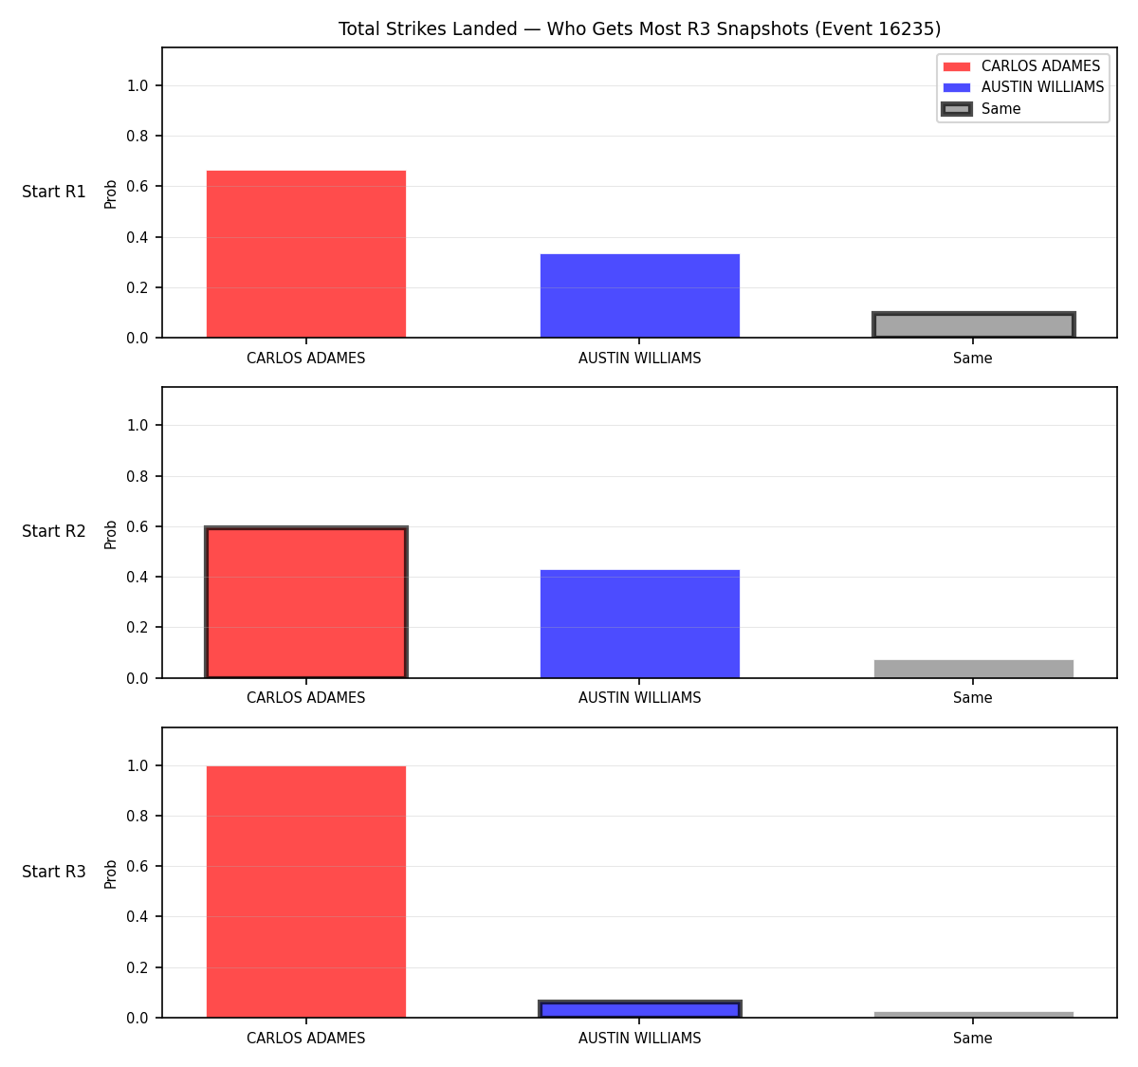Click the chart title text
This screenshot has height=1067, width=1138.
pos(639,28)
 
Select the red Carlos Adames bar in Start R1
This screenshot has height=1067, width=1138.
pos(306,254)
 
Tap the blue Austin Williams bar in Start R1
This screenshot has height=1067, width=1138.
pos(639,296)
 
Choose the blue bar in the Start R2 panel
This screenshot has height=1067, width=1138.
pos(639,624)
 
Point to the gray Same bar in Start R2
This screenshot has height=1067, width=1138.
pos(973,669)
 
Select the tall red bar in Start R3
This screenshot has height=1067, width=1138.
pos(306,892)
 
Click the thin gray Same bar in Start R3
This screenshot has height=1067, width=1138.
pos(973,1015)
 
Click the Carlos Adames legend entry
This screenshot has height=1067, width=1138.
pos(1021,66)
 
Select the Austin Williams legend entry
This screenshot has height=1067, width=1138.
pos(1023,87)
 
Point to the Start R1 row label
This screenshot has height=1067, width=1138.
pos(54,192)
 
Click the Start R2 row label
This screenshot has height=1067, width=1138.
pos(54,531)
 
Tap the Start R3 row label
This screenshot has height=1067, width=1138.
pos(54,872)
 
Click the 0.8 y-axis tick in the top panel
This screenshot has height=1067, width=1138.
pos(137,137)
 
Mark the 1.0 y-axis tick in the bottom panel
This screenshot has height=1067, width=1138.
pos(137,766)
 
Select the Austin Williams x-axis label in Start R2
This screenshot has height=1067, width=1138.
pos(639,698)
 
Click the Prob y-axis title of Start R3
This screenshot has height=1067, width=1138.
pos(111,874)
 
